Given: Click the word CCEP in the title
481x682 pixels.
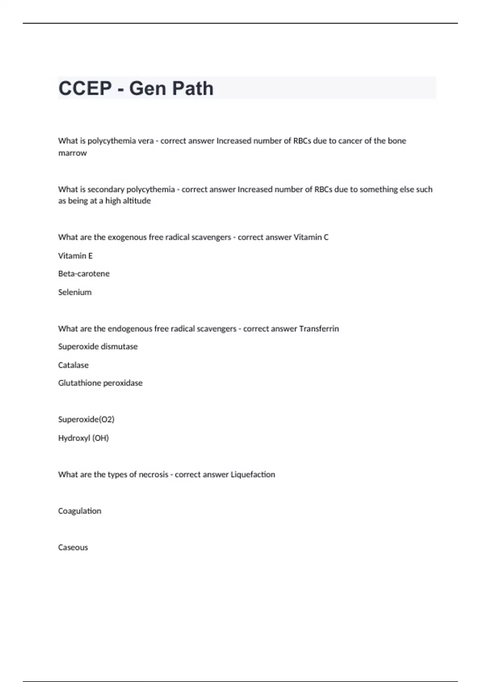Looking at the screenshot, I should coord(85,88).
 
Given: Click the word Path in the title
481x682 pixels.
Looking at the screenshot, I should coord(193,88).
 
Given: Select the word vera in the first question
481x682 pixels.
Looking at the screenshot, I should coord(146,141).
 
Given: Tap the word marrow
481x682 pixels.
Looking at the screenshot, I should coord(73,153).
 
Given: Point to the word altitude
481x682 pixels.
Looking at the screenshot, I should coord(137,201).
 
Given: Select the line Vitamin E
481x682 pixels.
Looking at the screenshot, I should coord(75,256).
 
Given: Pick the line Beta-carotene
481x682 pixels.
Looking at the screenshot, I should coord(84,274).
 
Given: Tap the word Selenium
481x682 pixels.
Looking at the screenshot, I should coord(75,292).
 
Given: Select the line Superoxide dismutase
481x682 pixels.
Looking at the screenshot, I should coord(98,346).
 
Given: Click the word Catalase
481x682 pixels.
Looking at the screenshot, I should coord(73,365).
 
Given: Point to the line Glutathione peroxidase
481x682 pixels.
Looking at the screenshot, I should coord(100,383).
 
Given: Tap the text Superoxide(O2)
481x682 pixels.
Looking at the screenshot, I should coord(86,419).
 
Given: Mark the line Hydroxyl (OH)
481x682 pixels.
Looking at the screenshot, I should coord(83,438).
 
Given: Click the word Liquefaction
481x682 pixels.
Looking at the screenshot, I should coord(253,474).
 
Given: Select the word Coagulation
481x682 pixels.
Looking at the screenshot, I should coord(80,511).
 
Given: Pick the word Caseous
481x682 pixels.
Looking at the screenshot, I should coord(73,547).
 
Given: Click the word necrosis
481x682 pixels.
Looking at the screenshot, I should coord(154,474).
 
